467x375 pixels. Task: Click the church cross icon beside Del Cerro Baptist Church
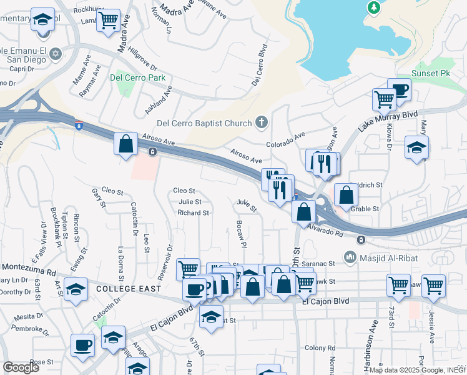click(x=262, y=122)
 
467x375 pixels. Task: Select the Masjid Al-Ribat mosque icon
click(x=350, y=257)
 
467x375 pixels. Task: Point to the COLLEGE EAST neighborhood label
click(x=129, y=289)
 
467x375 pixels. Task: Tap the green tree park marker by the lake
click(x=375, y=7)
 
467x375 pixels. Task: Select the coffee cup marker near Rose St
click(x=83, y=344)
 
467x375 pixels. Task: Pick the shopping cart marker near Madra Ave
click(x=109, y=20)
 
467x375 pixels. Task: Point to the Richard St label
click(x=193, y=212)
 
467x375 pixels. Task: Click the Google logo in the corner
click(x=21, y=367)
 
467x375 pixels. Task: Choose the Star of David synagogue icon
click(x=55, y=52)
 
